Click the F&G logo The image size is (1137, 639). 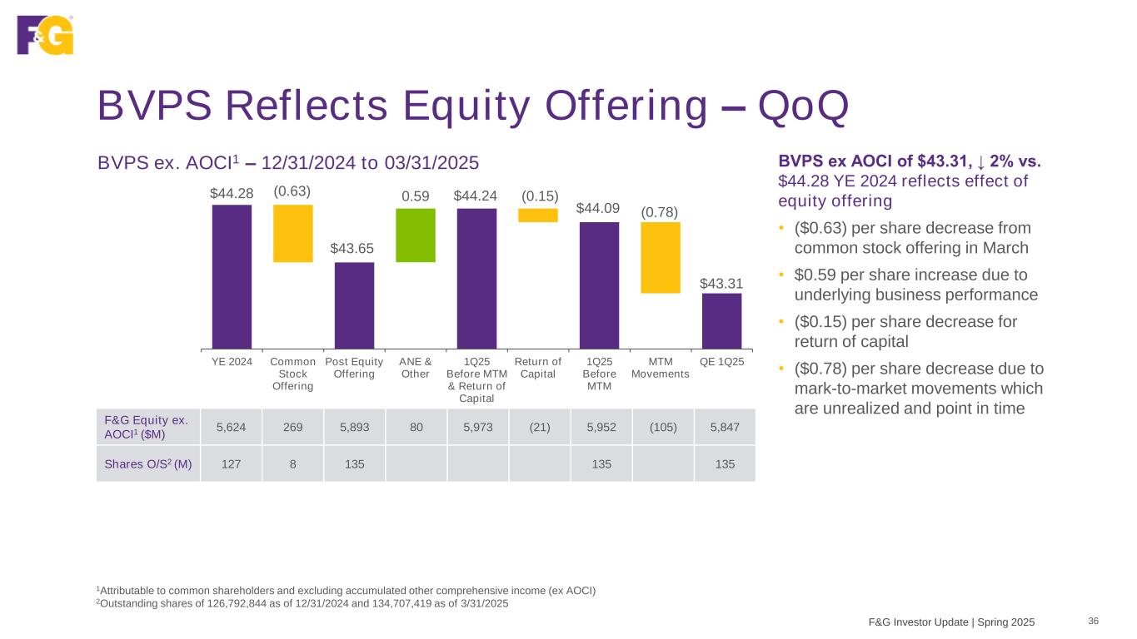click(45, 35)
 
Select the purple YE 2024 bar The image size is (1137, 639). click(232, 276)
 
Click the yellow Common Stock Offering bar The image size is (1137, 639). click(293, 234)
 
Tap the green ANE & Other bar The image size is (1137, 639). click(416, 235)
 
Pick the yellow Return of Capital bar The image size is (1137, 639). click(538, 215)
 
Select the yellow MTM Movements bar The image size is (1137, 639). click(661, 258)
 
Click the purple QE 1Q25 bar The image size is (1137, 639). click(721, 320)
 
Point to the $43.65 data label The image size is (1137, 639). click(353, 249)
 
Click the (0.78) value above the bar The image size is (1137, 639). click(660, 212)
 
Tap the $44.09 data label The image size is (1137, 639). click(599, 208)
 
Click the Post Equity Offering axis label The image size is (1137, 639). click(353, 368)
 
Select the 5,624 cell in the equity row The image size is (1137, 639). click(231, 427)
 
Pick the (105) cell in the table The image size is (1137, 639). click(662, 427)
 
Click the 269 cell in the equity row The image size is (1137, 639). click(292, 427)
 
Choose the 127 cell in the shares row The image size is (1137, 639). click(231, 464)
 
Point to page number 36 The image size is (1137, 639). click(1094, 621)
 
